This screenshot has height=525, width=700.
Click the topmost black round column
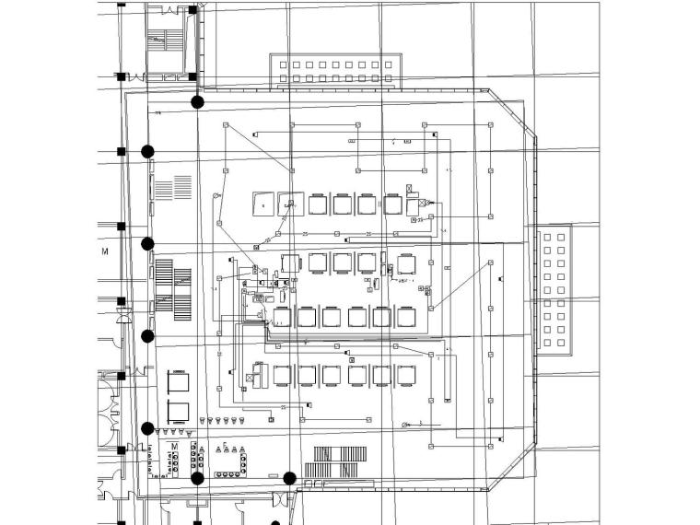(x=196, y=102)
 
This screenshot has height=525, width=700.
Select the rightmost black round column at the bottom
(x=289, y=478)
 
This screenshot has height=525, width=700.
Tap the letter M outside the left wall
(x=105, y=251)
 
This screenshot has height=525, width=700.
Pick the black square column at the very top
(x=192, y=10)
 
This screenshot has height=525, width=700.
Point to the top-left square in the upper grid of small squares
(x=284, y=65)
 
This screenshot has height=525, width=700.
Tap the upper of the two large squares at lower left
(x=178, y=380)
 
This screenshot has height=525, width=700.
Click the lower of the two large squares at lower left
(x=178, y=411)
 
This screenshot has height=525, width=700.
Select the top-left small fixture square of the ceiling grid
(x=225, y=124)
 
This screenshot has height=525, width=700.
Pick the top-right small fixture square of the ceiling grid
(x=490, y=123)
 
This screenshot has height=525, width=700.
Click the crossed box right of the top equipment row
(x=422, y=203)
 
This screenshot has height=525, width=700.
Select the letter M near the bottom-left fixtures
(x=174, y=447)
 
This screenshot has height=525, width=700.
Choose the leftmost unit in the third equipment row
(x=282, y=318)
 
